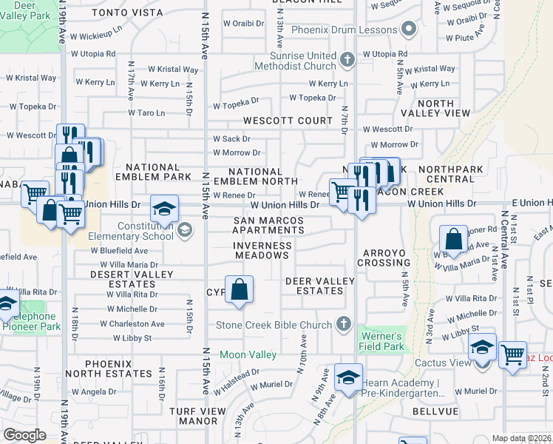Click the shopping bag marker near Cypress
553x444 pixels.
pyautogui.click(x=240, y=290)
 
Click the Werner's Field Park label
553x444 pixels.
pyautogui.click(x=382, y=340)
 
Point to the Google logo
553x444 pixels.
pyautogui.click(x=25, y=435)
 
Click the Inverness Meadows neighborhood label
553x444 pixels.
pyautogui.click(x=262, y=250)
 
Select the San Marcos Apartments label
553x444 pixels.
pyautogui.click(x=269, y=226)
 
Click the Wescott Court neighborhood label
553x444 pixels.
pyautogui.click(x=289, y=121)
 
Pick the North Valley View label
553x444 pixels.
pyautogui.click(x=433, y=108)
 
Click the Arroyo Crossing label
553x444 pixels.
pyautogui.click(x=385, y=258)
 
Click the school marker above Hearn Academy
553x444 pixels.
pyautogui.click(x=348, y=377)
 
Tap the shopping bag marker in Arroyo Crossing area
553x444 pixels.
pyautogui.click(x=453, y=238)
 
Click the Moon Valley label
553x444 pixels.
pyautogui.click(x=248, y=355)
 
